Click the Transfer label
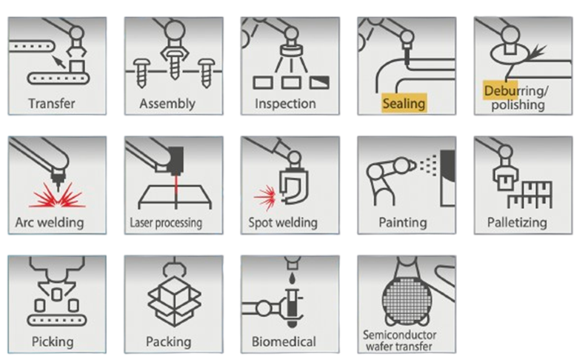click(x=52, y=104)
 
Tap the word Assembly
click(x=167, y=104)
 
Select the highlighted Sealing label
click(x=404, y=104)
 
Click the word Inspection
click(x=285, y=104)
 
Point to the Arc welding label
click(x=50, y=223)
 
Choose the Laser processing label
click(x=166, y=223)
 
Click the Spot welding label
click(x=283, y=223)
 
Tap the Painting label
click(x=403, y=223)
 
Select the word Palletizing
click(x=517, y=223)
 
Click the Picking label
click(x=53, y=342)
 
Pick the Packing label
click(x=168, y=342)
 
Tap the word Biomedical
click(x=284, y=341)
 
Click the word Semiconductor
click(x=399, y=335)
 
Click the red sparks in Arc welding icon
click(x=58, y=196)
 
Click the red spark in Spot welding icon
click(x=266, y=196)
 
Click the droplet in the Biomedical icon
click(x=292, y=279)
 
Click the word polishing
click(x=518, y=105)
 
